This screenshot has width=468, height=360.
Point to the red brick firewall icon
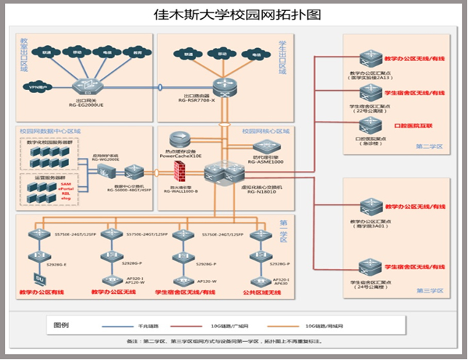[x=180, y=170]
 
